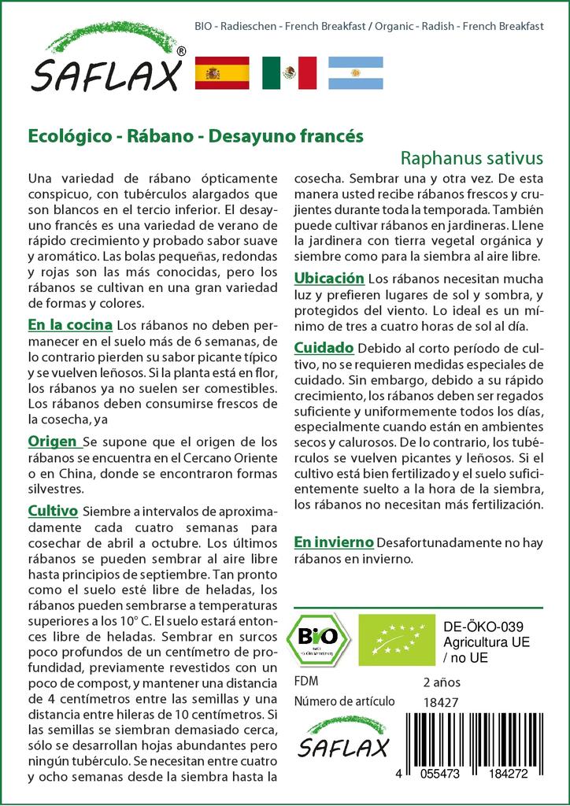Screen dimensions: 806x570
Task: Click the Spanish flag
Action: (x=221, y=72)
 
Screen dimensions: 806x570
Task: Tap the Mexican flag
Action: (x=289, y=72)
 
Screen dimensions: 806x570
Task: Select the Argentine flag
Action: (x=355, y=72)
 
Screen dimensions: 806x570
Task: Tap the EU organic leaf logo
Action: (x=396, y=639)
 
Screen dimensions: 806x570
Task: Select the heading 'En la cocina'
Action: (x=69, y=324)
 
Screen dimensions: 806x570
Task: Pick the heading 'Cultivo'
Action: (x=53, y=511)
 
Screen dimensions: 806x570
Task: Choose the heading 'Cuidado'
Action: (x=323, y=347)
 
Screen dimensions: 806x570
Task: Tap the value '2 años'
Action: (x=442, y=682)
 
